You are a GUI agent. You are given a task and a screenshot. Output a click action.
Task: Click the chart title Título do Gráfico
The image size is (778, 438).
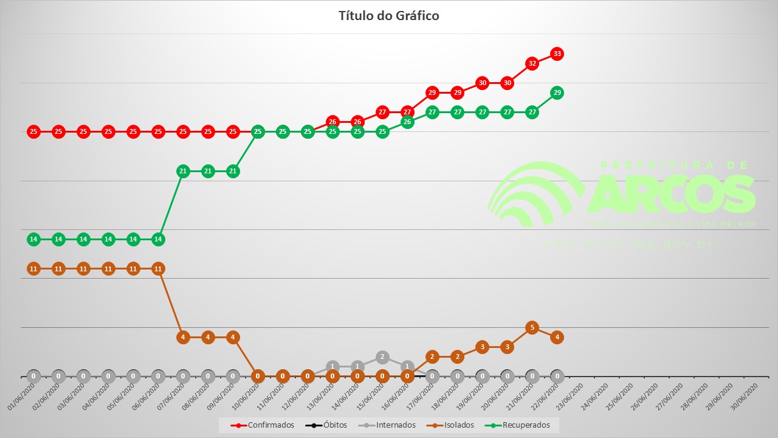point(388,16)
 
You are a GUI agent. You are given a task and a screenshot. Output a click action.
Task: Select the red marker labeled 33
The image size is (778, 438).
point(557,54)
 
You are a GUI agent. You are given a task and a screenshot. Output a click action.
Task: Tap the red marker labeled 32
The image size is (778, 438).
point(532,63)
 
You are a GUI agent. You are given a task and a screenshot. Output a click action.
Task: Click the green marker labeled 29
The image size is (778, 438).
point(557,92)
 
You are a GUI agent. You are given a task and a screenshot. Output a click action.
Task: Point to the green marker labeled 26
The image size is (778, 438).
point(407,122)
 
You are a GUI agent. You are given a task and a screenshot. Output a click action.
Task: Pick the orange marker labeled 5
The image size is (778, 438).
point(532,327)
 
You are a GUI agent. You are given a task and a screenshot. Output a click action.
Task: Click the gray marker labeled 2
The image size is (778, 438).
point(382,356)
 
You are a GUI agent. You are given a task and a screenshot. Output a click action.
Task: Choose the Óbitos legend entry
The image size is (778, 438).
point(326,425)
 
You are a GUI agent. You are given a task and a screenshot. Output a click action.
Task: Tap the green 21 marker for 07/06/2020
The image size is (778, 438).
point(183,171)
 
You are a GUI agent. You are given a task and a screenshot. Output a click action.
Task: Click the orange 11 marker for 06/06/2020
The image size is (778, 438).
point(158,268)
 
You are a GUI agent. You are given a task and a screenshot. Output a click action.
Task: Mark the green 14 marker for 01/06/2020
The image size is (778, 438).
point(33,239)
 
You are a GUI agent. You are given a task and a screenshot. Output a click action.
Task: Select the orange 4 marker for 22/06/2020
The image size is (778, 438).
point(557,337)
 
